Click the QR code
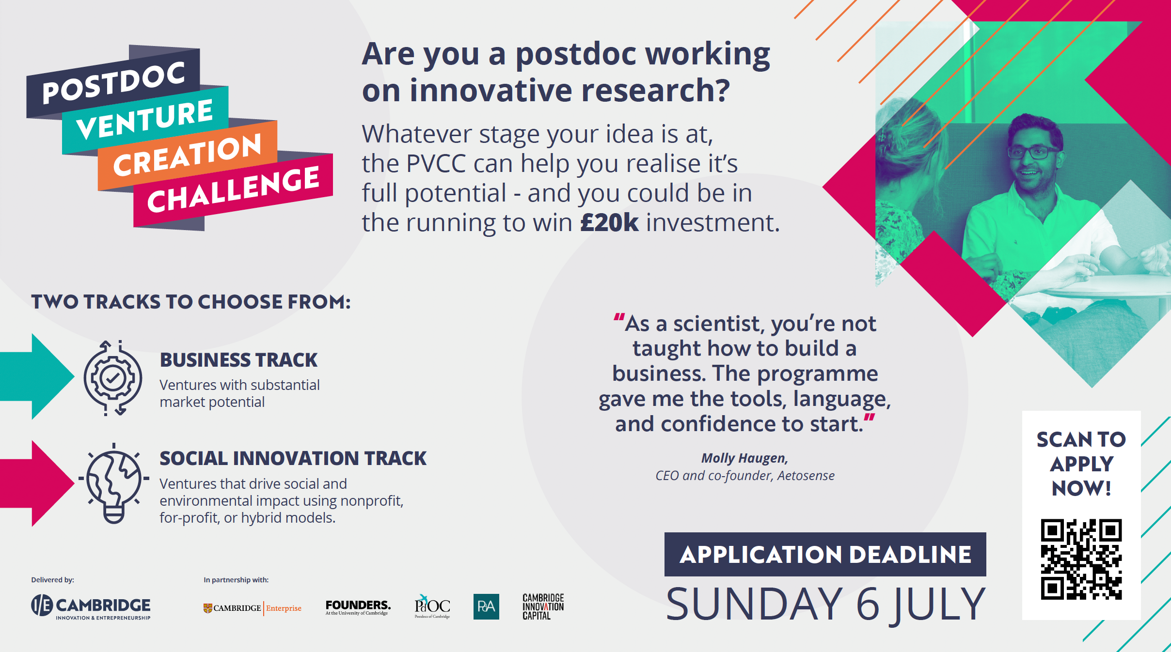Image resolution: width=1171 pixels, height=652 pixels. [1081, 559]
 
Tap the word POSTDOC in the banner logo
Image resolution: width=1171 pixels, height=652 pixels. [114, 82]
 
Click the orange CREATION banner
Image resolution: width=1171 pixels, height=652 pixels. [188, 155]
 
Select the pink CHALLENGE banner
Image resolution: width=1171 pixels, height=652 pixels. [233, 190]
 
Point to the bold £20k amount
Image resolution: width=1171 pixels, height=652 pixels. [609, 223]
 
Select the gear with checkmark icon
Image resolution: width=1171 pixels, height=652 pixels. [113, 378]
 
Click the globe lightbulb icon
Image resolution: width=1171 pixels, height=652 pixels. [113, 483]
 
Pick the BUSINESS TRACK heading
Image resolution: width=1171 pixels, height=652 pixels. [238, 360]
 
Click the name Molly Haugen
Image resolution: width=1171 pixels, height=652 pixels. [744, 458]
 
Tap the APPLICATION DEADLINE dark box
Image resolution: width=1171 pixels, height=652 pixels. [825, 554]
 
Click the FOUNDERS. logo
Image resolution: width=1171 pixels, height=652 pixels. [358, 607]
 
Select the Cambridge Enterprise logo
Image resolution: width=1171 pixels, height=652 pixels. [252, 608]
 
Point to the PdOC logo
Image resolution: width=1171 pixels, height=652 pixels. [432, 606]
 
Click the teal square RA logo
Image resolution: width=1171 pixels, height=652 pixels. [486, 606]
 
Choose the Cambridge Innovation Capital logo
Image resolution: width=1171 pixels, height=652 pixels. [543, 606]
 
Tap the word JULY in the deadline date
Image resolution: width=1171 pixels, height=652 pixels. [940, 605]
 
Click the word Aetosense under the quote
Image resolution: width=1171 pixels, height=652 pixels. [806, 476]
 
